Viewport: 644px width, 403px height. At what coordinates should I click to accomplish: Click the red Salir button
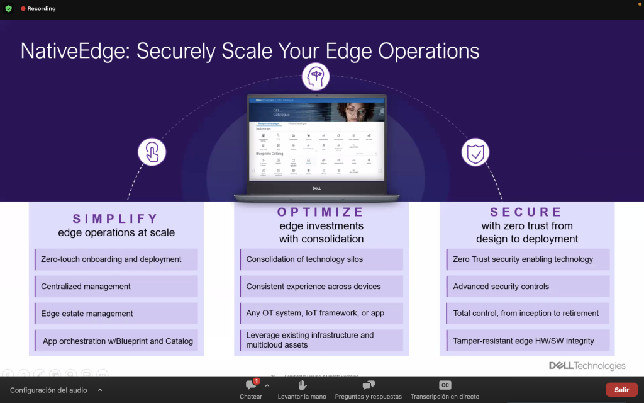click(621, 390)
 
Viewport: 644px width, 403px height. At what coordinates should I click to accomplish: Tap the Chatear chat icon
click(250, 385)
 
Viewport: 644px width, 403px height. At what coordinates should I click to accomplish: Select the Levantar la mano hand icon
click(302, 385)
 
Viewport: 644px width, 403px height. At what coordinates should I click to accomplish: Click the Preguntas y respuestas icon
click(368, 385)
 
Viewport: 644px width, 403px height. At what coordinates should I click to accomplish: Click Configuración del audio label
click(48, 390)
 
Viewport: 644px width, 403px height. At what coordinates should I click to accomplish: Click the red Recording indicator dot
click(23, 9)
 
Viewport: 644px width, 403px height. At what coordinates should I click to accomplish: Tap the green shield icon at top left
click(8, 9)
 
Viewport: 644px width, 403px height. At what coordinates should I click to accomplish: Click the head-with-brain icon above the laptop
click(316, 77)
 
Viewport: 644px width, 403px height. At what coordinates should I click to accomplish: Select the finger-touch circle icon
click(152, 152)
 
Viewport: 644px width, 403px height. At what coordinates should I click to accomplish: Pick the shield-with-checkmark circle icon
click(475, 152)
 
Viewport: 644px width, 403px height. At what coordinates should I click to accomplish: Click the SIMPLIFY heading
click(116, 219)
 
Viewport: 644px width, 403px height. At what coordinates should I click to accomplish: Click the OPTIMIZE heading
click(321, 212)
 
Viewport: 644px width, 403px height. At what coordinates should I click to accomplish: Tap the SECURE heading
click(526, 212)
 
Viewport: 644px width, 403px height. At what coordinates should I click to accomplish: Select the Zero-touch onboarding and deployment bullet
click(111, 259)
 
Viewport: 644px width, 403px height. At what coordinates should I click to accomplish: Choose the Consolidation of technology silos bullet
click(304, 259)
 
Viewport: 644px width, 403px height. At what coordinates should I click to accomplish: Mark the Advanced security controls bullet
click(501, 287)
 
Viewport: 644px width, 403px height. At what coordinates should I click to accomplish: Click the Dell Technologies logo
click(587, 366)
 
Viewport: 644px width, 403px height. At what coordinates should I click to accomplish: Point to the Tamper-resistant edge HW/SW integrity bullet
click(523, 341)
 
